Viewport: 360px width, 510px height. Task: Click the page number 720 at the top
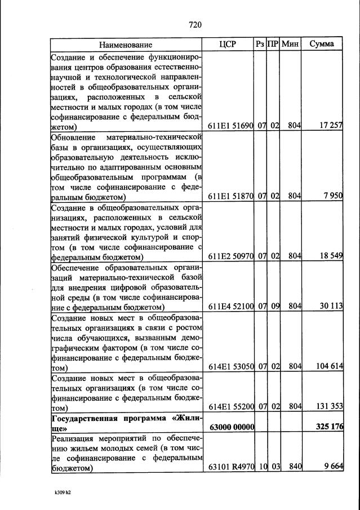(x=195, y=24)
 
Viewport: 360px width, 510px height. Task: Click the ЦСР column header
(x=227, y=44)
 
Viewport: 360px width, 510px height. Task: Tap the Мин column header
(x=291, y=44)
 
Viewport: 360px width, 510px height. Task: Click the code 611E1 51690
(x=231, y=126)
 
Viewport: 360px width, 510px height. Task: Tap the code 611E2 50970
(x=231, y=256)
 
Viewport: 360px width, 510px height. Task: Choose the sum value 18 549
(x=331, y=256)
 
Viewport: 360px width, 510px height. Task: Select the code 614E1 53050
(x=231, y=367)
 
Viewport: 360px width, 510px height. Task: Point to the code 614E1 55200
(x=231, y=407)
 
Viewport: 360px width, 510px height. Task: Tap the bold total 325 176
(x=329, y=427)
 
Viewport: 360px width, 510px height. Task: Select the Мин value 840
(x=295, y=467)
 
